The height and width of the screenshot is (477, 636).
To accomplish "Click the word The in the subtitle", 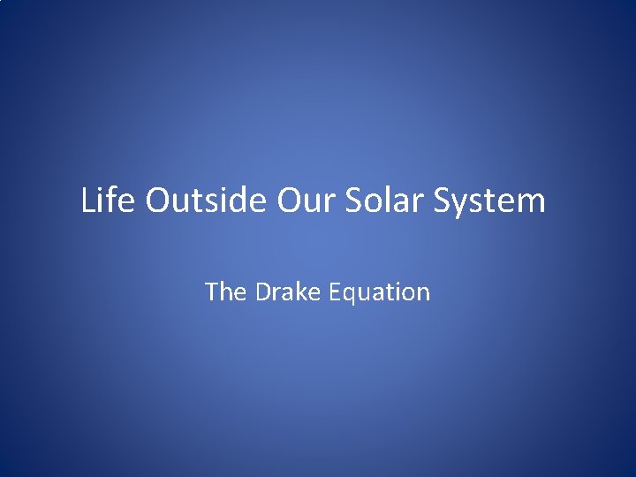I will click(226, 291).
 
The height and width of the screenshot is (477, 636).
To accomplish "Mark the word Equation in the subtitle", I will click(379, 292).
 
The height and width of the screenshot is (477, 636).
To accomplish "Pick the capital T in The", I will click(212, 291).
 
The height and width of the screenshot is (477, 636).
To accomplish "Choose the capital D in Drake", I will click(263, 291).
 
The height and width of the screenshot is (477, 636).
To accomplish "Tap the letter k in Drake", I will click(300, 291).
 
